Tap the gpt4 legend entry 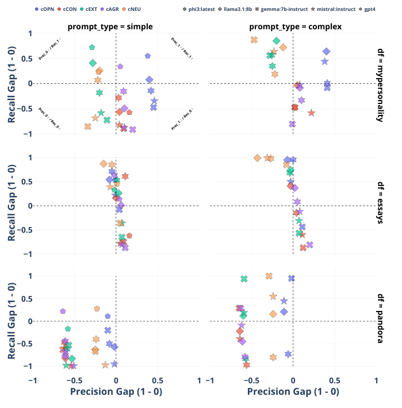(x=369, y=10)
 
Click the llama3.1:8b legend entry (x=236, y=10)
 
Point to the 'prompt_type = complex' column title (x=293, y=26)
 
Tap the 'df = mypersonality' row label (x=380, y=84)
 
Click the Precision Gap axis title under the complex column (x=293, y=392)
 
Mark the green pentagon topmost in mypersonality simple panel (x=92, y=47)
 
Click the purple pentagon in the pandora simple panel (x=63, y=311)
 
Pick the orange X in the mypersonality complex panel (x=254, y=40)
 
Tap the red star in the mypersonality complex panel (x=311, y=113)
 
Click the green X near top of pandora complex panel (x=244, y=279)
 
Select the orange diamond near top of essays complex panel (x=257, y=158)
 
